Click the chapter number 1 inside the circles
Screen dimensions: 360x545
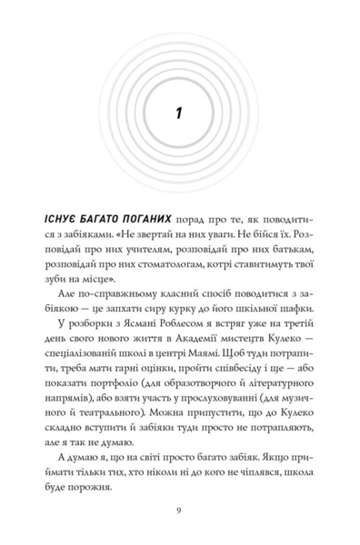pyautogui.click(x=180, y=115)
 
